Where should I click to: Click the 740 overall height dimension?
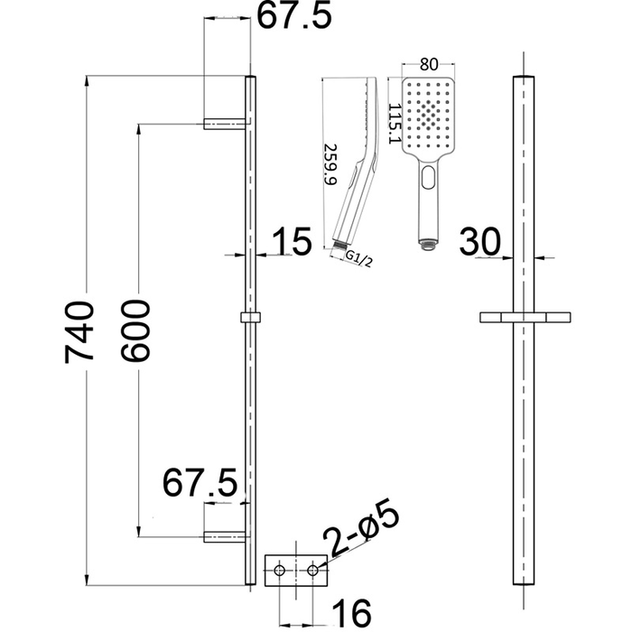pos(79,331)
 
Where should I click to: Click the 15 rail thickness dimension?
pos(290,241)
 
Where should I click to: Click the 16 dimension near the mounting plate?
pos(349,613)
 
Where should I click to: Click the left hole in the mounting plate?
pos(280,571)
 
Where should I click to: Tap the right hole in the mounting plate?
pos(312,571)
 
